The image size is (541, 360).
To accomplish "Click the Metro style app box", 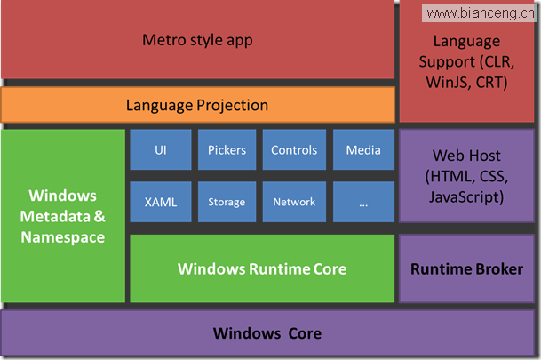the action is click(x=198, y=39).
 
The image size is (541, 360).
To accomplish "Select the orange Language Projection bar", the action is click(x=198, y=105).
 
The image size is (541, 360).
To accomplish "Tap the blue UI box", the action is click(x=161, y=150).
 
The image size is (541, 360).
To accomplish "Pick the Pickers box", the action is click(x=227, y=150).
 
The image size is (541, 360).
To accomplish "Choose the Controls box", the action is click(x=294, y=150).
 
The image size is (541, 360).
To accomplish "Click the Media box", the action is click(x=363, y=150).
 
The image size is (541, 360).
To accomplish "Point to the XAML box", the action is click(x=161, y=202).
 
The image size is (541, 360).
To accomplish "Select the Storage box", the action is click(x=227, y=202).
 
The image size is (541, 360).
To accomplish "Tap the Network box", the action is click(x=294, y=202).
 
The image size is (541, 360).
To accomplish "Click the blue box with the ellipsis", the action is click(x=363, y=202).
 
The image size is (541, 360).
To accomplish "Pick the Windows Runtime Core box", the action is click(x=262, y=268).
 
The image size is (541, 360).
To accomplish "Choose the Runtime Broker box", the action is click(x=466, y=268).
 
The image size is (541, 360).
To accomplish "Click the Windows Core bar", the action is click(x=267, y=333).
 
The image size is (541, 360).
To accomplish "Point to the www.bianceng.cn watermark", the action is click(x=479, y=13).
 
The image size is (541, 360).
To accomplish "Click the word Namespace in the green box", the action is click(x=63, y=237).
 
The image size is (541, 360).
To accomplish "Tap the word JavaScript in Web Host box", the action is click(x=464, y=197).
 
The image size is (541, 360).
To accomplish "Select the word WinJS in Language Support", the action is click(x=449, y=83).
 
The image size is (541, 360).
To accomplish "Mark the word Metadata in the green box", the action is click(x=55, y=216).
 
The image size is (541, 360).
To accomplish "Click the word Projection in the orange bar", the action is click(x=233, y=105).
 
